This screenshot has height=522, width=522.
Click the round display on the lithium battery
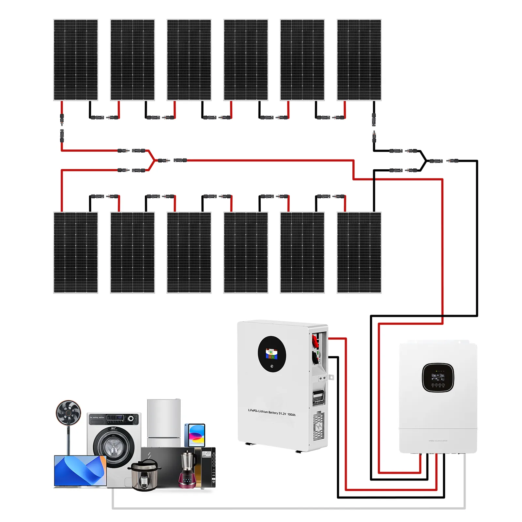[272, 354]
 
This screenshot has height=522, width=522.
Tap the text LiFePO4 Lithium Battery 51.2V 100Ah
[272, 412]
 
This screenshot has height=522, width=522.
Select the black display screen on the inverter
[438, 377]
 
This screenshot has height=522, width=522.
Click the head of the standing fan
[68, 412]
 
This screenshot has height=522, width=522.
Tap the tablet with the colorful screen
[195, 435]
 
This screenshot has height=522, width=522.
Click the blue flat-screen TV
[80, 470]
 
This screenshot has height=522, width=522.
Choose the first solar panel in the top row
[76, 60]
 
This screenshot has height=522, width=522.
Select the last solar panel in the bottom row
[359, 253]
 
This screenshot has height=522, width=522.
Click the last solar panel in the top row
[359, 60]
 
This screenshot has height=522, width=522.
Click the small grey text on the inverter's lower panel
[438, 441]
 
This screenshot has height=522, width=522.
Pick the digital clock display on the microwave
[206, 453]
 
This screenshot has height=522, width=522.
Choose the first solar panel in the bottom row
[76, 253]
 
